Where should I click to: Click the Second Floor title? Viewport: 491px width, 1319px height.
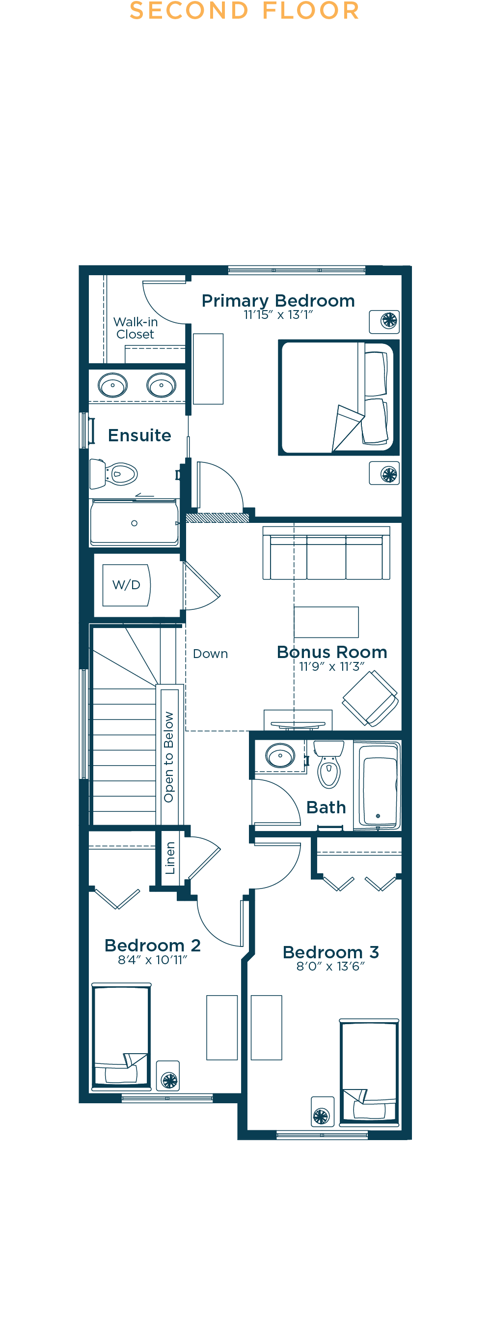(x=245, y=11)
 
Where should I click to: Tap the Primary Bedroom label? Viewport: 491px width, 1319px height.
(x=278, y=301)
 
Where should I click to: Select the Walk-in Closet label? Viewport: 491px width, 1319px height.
(x=136, y=328)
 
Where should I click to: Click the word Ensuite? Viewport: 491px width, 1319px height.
(x=139, y=435)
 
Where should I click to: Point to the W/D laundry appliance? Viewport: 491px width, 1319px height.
(x=126, y=585)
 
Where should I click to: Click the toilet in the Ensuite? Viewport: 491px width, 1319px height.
(x=113, y=474)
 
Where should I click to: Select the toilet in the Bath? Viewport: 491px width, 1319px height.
(x=329, y=764)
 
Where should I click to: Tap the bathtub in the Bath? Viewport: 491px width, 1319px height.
(x=378, y=785)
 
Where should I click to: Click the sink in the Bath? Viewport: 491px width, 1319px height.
(x=280, y=755)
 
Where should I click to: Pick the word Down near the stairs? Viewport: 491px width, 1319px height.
(x=210, y=654)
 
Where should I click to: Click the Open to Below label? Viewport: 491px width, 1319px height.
(x=169, y=757)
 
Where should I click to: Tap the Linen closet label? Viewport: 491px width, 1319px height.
(x=170, y=858)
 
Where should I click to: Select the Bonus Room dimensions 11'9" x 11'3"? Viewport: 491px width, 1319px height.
(x=332, y=667)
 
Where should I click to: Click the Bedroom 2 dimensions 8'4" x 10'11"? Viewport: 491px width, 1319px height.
(x=152, y=960)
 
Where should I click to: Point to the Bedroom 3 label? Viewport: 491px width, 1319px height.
(x=331, y=952)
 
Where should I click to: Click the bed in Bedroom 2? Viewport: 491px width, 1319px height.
(x=121, y=1036)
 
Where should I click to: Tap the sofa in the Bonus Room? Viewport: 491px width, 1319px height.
(x=327, y=553)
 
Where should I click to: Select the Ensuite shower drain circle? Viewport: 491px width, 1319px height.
(x=135, y=523)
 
